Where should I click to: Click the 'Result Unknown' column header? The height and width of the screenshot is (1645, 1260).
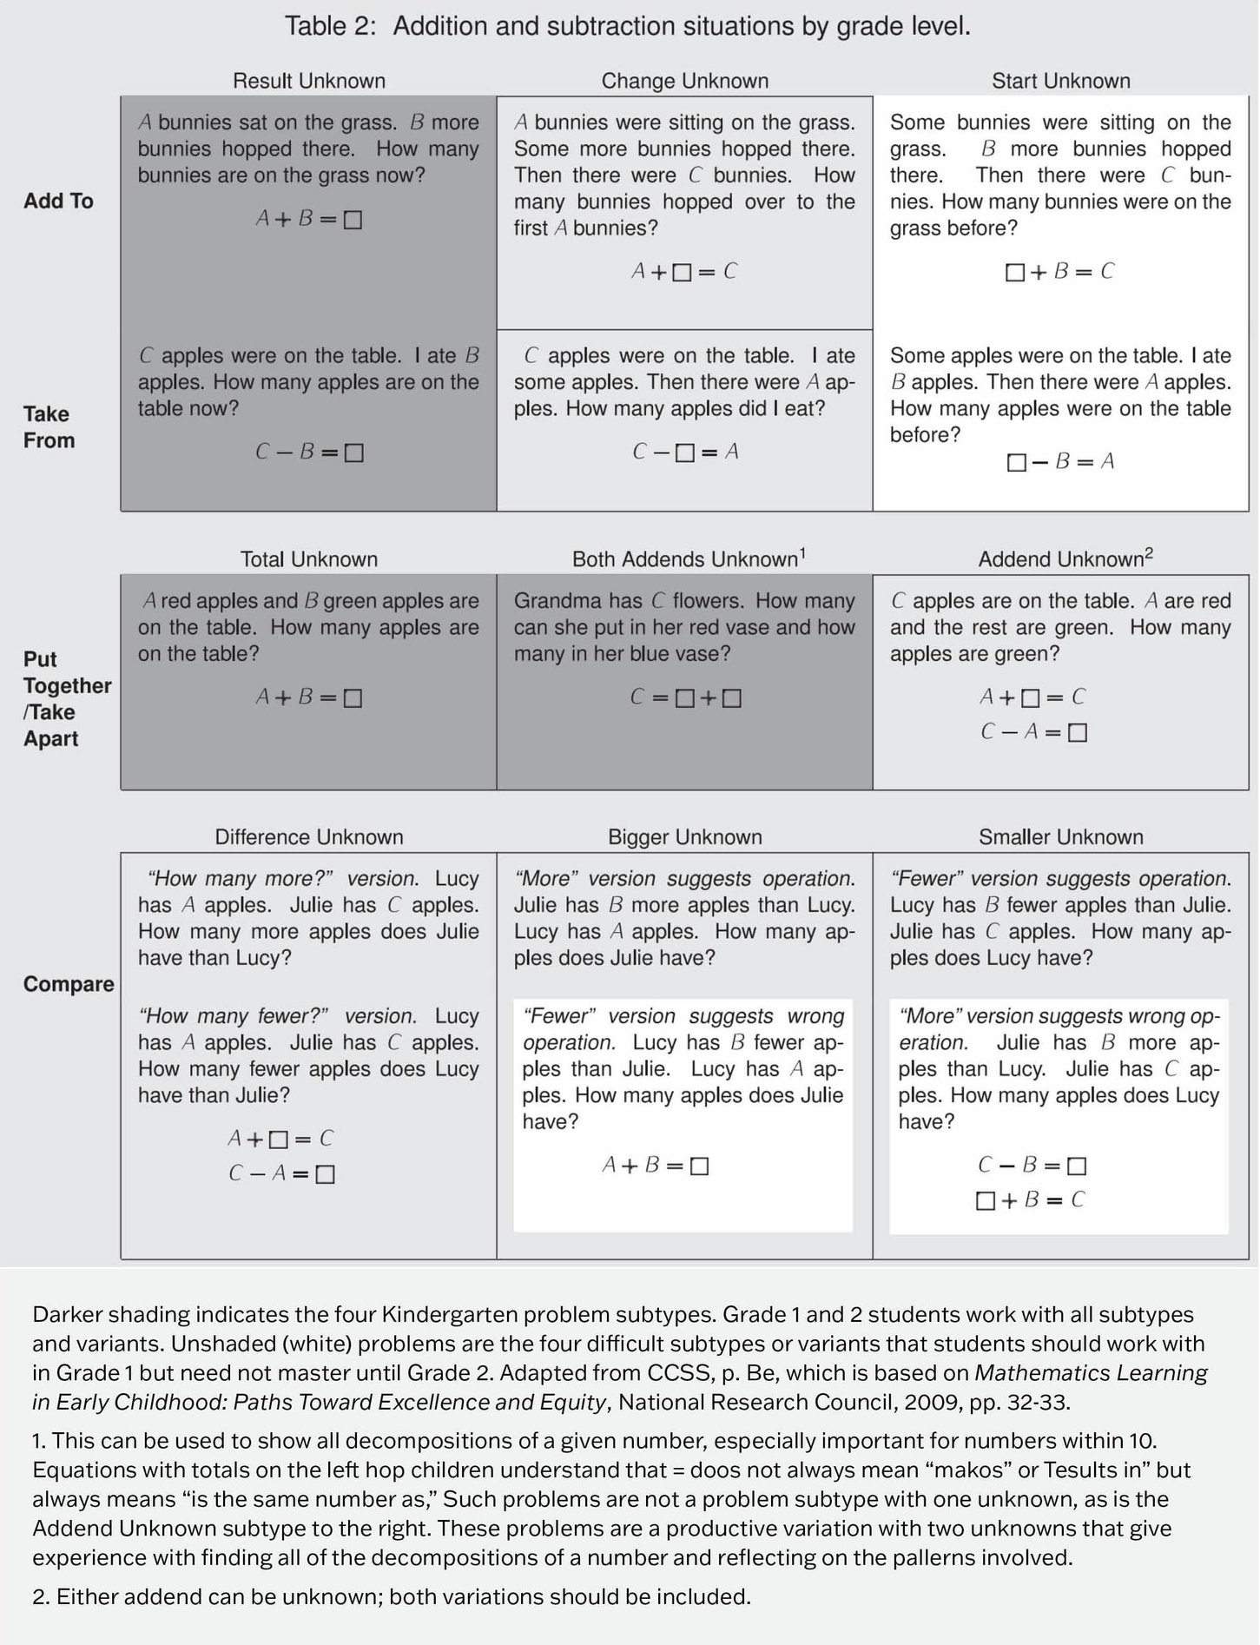(308, 81)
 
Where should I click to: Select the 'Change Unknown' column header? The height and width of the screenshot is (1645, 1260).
(684, 81)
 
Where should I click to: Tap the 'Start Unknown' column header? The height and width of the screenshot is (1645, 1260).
(1060, 81)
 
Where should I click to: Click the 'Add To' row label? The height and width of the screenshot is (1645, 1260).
(58, 201)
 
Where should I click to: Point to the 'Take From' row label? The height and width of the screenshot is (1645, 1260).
(49, 426)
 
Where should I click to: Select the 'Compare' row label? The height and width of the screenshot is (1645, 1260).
(69, 984)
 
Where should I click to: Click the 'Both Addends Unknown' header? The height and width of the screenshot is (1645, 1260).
(684, 559)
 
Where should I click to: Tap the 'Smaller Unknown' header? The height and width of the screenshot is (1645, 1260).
(1060, 837)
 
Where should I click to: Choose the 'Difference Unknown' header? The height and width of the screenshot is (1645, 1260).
(308, 837)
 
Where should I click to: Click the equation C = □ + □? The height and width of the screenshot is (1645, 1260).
(685, 698)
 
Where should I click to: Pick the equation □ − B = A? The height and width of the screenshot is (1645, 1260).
(1060, 462)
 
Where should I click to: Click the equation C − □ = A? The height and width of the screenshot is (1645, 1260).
(684, 453)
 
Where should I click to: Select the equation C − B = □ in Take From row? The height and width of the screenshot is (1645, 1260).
(308, 453)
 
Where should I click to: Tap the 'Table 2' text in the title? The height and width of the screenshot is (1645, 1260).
(330, 26)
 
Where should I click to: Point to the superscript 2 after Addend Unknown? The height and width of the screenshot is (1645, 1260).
(1149, 554)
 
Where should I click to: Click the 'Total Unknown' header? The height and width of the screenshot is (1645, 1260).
(308, 559)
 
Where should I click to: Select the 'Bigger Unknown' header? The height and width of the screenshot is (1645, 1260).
(684, 837)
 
